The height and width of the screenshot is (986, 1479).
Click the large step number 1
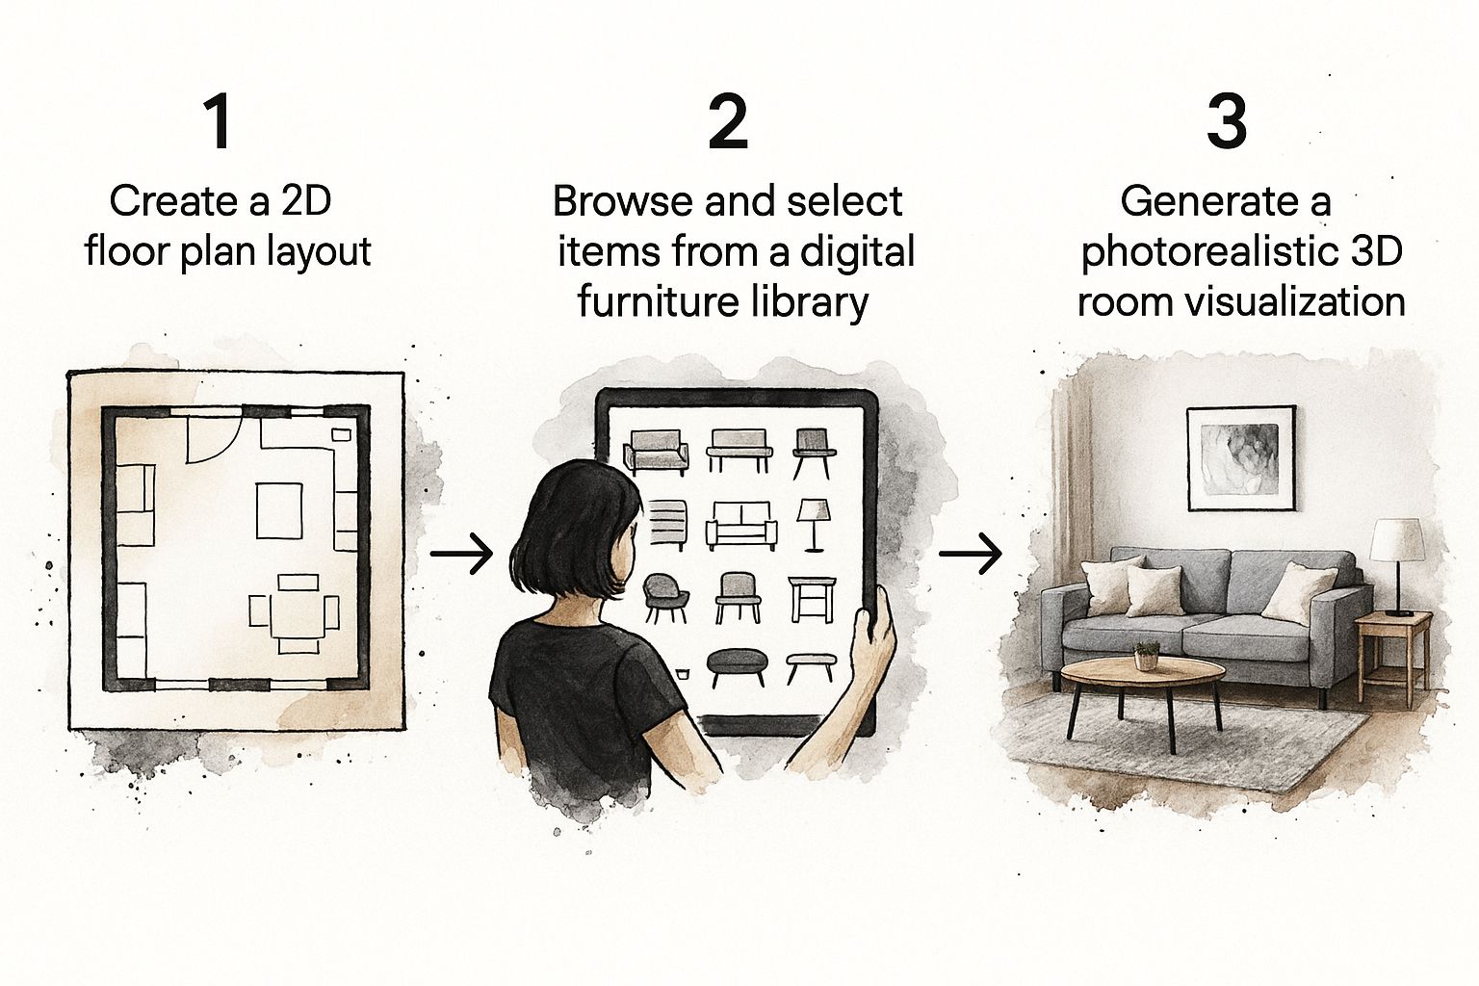pos(220,122)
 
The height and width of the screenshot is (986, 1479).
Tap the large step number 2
pos(728,122)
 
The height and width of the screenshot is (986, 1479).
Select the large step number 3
pos(1227,122)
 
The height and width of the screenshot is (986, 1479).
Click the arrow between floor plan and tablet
pos(461,555)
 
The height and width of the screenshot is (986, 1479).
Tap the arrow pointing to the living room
pos(971,555)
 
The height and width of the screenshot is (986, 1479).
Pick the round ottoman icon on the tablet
pos(737,665)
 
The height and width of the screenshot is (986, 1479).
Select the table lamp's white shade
pos(1396,540)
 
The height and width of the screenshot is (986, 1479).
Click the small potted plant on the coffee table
pos(1146,655)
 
